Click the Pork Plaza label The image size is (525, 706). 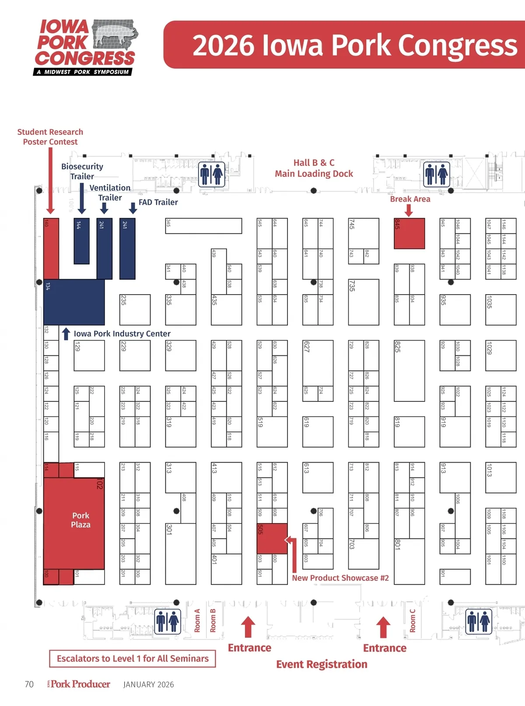click(80, 520)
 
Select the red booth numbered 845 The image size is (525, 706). click(409, 234)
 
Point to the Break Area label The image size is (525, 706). click(410, 199)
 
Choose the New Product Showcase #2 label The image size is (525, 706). click(340, 578)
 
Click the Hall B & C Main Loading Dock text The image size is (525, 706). click(314, 169)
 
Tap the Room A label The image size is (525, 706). click(197, 620)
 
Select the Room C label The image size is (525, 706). click(413, 620)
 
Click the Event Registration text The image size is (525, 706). click(322, 664)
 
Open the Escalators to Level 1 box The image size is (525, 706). click(133, 658)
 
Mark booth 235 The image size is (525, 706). click(135, 310)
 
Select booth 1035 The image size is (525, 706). click(500, 310)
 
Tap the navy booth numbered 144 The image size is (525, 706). click(81, 241)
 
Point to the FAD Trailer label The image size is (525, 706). click(158, 202)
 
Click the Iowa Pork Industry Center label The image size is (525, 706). click(122, 334)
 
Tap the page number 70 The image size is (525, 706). click(29, 684)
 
